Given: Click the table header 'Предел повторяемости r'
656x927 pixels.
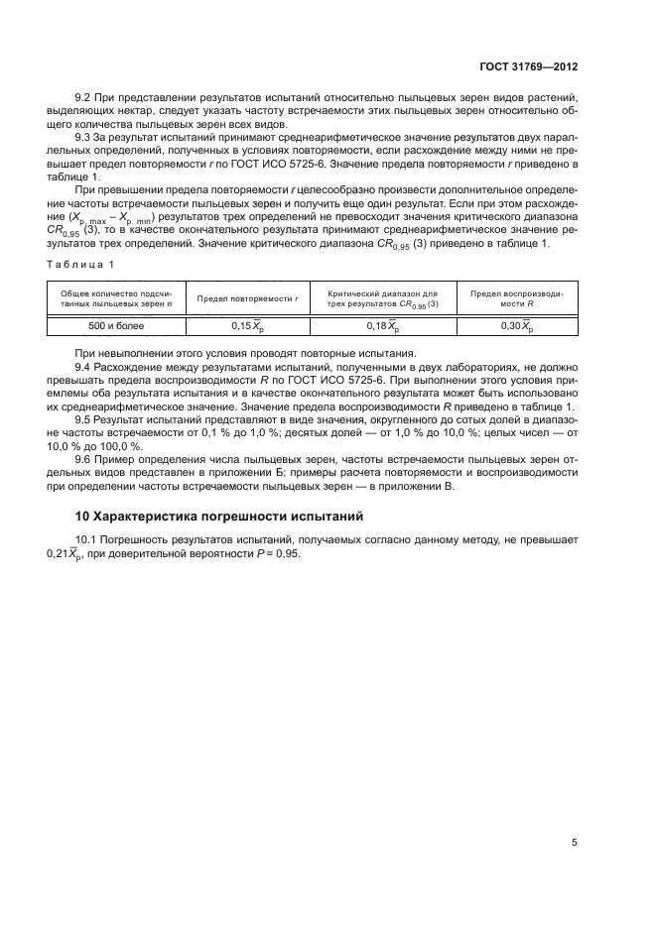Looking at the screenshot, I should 248,298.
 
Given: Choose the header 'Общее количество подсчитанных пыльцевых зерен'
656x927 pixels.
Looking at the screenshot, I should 115,298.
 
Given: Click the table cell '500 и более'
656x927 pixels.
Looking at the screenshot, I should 115,325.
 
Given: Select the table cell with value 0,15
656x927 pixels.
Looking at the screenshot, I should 247,325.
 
